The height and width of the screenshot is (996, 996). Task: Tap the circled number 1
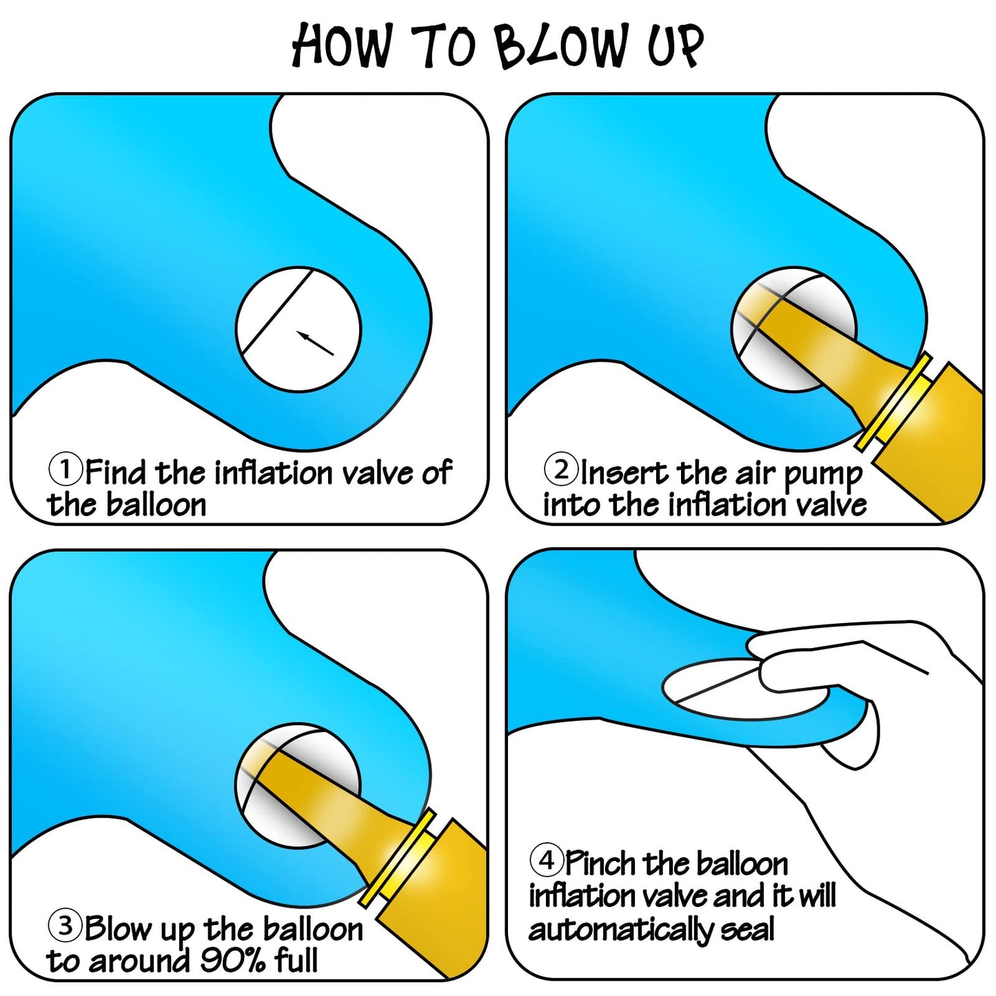point(65,469)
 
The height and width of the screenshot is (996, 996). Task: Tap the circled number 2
point(561,469)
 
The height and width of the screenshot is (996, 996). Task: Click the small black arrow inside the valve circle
point(315,343)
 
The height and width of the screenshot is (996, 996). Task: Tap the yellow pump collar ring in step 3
point(396,859)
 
